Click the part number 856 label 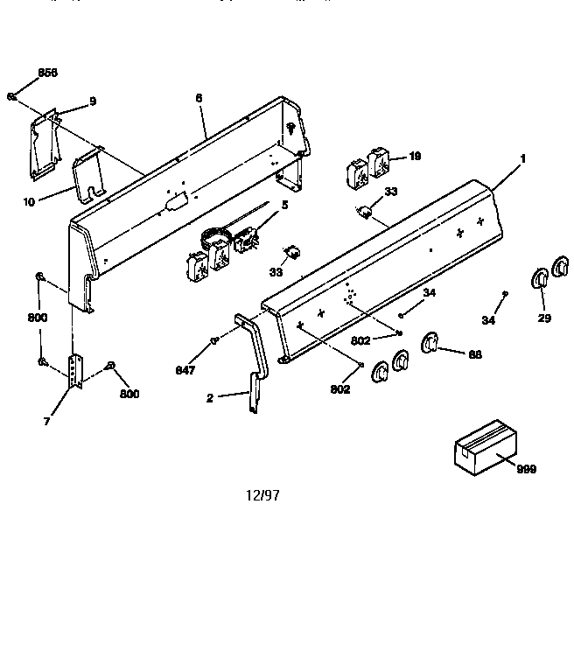coord(47,73)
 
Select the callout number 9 coord(92,102)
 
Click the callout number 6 coord(199,98)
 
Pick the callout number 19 coord(415,157)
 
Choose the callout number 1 coord(522,158)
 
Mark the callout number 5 coord(283,206)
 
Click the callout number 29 coord(544,318)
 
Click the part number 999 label coord(526,469)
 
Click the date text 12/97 coord(262,494)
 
